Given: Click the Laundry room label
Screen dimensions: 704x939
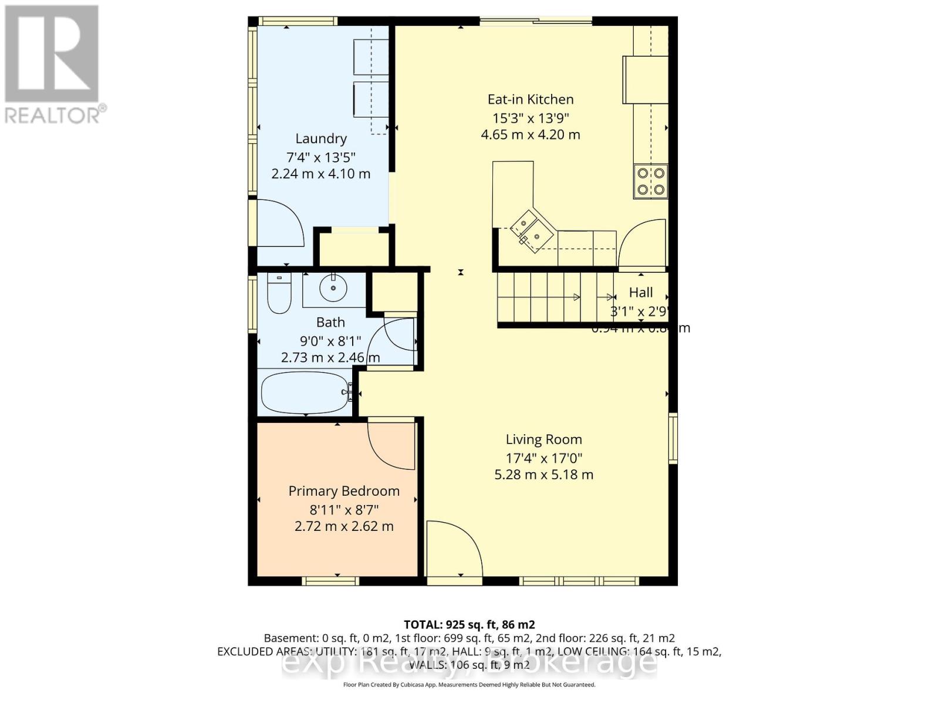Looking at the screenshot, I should coord(320,138).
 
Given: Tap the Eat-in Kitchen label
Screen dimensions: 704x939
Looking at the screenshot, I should coord(531,100).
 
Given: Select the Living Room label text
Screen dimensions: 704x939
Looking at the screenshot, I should coord(543,439).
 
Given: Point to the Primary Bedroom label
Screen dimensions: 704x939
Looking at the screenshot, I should coord(344,491).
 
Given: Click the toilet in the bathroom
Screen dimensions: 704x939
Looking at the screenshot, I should coord(279,293).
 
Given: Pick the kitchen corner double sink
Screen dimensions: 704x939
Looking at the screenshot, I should coord(531,231).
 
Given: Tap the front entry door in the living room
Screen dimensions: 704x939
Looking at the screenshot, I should coord(453,550).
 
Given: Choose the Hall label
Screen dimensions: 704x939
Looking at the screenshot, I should coord(641,292).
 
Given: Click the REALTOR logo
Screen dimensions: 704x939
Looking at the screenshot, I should coord(53,65).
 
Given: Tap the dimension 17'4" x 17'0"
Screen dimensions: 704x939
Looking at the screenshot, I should coord(543,458).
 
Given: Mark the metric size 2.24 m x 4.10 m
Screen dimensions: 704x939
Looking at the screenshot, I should coord(320,174).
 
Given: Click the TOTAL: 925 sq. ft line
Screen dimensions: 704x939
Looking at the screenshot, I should coord(469,625).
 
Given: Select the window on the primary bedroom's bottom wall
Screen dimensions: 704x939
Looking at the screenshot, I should coord(330,581).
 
